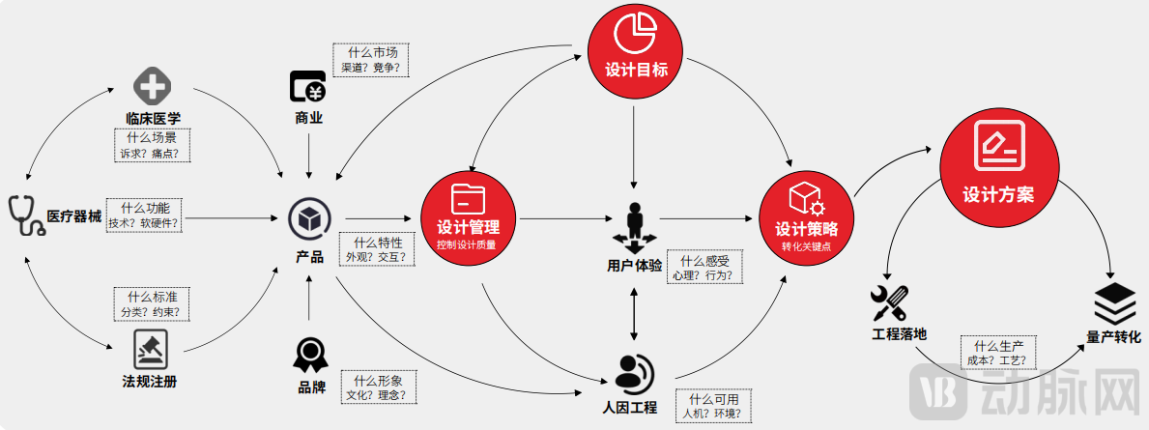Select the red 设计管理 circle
pyautogui.click(x=468, y=215)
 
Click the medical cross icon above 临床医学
pyautogui.click(x=152, y=87)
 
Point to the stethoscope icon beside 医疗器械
pyautogui.click(x=23, y=213)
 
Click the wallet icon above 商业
pyautogui.click(x=309, y=88)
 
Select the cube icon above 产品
pyautogui.click(x=309, y=218)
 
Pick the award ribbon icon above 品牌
pyautogui.click(x=309, y=355)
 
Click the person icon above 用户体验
pyautogui.click(x=635, y=226)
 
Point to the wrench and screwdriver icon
pyautogui.click(x=889, y=302)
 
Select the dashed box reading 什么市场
pyautogui.click(x=371, y=60)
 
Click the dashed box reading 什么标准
pyautogui.click(x=150, y=304)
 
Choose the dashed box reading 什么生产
pyautogui.click(x=999, y=354)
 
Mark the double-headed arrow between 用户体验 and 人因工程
pyautogui.click(x=634, y=314)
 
